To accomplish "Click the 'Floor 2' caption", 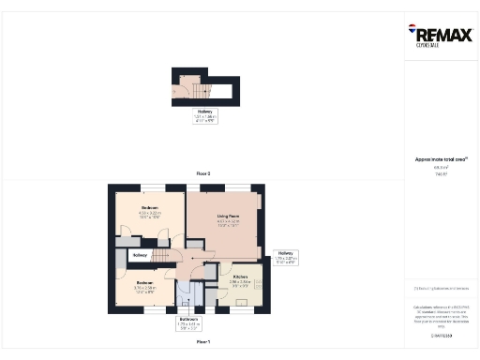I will coord(203,174).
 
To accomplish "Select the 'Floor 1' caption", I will coord(203,343).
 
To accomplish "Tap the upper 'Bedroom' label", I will coord(150,207).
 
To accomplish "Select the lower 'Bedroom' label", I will coord(144,282).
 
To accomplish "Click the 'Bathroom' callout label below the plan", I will coord(189,319).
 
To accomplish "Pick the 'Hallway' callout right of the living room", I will coord(286,253).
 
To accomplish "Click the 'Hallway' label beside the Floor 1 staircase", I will coord(141,255).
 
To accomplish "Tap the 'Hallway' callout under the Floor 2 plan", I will coord(203,112).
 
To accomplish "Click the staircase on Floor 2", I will coord(199,89).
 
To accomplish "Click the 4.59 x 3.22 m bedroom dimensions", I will coord(150,213).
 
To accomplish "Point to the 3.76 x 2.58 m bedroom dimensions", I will coord(144,288).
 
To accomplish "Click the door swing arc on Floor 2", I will coord(181,92).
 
